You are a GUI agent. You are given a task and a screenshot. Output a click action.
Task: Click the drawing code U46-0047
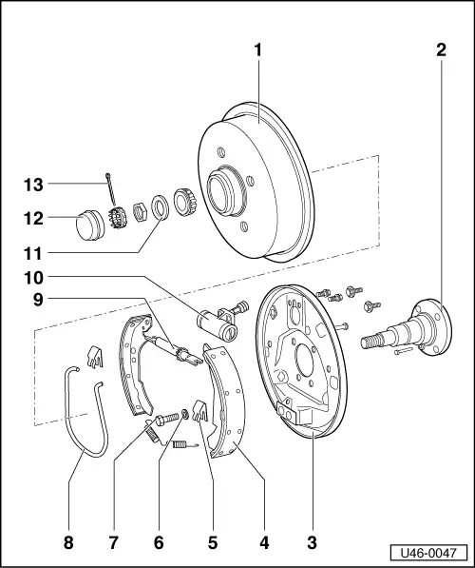pyautogui.click(x=432, y=553)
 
